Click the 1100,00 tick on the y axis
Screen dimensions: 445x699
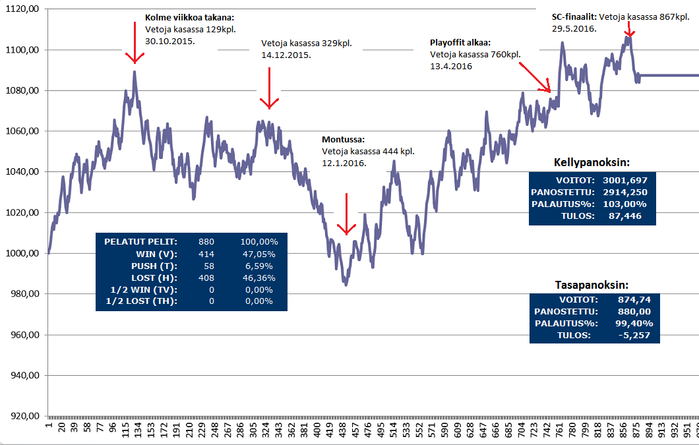tap(22, 50)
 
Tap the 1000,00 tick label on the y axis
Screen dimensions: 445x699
tap(22, 253)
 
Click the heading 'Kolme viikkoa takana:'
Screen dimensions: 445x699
tap(189, 18)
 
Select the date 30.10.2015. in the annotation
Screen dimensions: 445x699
tap(169, 40)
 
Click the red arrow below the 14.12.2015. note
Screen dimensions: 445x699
tap(268, 89)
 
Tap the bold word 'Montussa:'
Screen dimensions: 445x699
tap(343, 140)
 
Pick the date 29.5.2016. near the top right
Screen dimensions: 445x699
tap(574, 29)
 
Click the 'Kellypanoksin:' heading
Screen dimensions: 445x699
tap(592, 162)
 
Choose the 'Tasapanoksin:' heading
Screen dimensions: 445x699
tap(592, 285)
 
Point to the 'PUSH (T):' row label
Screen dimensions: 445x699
tap(156, 266)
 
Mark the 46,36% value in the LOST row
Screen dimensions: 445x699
tap(258, 278)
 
